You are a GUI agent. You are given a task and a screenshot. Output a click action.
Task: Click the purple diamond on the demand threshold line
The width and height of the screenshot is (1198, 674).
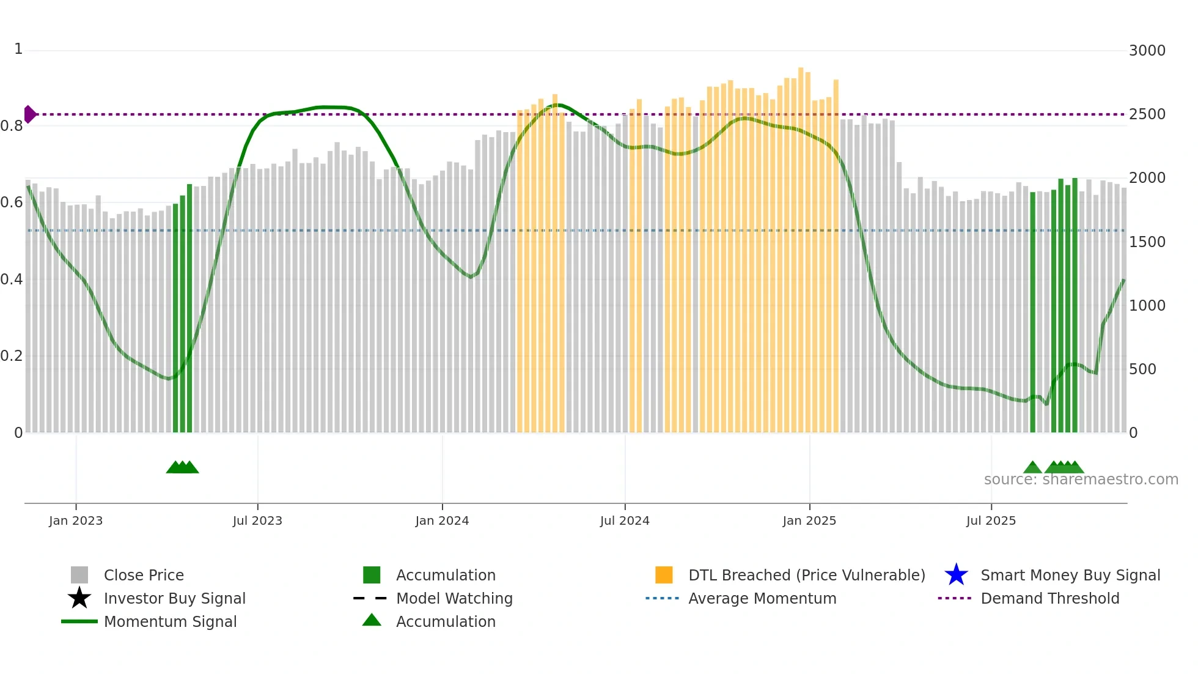(x=29, y=114)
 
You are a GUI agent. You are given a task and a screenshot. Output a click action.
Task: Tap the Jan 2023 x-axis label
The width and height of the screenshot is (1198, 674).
(x=76, y=520)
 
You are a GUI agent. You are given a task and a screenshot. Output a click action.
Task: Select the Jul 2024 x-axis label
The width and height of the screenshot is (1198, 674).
(x=625, y=520)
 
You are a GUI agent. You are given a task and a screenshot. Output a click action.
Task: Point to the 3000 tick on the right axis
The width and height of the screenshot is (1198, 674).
(x=1147, y=51)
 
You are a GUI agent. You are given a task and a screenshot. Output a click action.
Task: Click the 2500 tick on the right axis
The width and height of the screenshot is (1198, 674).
(x=1147, y=114)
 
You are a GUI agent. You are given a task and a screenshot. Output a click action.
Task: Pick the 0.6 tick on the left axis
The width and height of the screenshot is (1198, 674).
(x=12, y=202)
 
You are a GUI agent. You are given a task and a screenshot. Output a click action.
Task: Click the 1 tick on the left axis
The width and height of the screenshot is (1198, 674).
(x=18, y=49)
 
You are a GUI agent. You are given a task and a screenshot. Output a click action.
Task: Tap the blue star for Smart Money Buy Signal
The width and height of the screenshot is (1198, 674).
(x=956, y=575)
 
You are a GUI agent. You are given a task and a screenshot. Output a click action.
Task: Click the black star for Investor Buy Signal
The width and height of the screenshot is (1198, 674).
(x=79, y=598)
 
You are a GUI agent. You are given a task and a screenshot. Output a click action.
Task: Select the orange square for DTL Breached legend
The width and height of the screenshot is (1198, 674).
(x=664, y=575)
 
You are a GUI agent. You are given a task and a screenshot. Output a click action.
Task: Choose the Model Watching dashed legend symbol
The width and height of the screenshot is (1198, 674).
(x=370, y=598)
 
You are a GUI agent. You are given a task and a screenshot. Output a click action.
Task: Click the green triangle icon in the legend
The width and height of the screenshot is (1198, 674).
(x=372, y=620)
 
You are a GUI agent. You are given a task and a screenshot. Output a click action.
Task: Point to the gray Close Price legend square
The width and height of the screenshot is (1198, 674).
(x=79, y=575)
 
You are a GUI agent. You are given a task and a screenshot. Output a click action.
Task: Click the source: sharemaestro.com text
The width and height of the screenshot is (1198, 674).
(x=1081, y=480)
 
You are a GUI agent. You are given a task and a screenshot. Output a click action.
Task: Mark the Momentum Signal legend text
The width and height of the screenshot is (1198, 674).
(x=170, y=621)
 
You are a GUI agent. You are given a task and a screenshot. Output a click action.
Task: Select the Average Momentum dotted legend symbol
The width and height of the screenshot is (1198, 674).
(x=663, y=598)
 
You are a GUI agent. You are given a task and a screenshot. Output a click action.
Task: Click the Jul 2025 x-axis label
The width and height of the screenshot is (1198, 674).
(x=991, y=520)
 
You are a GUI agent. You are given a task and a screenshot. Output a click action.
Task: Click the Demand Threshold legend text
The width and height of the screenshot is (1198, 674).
(x=1049, y=598)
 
